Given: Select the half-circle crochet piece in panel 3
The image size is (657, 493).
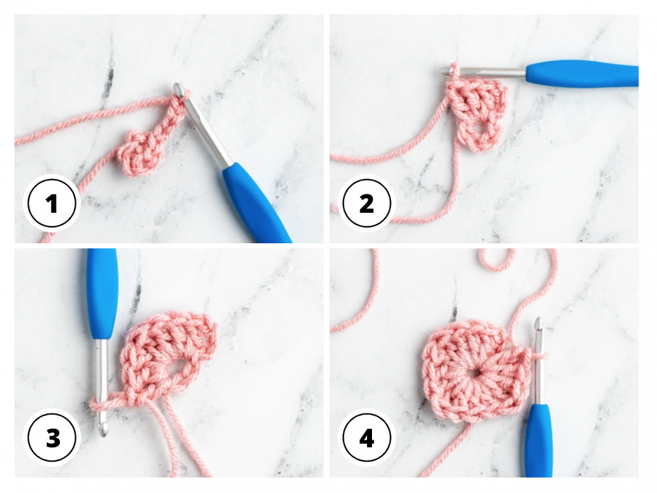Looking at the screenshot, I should pos(168,353).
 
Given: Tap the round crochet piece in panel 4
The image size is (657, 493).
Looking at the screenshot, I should pos(468,371).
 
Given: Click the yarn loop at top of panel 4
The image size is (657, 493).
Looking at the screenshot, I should pos(496,260).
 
